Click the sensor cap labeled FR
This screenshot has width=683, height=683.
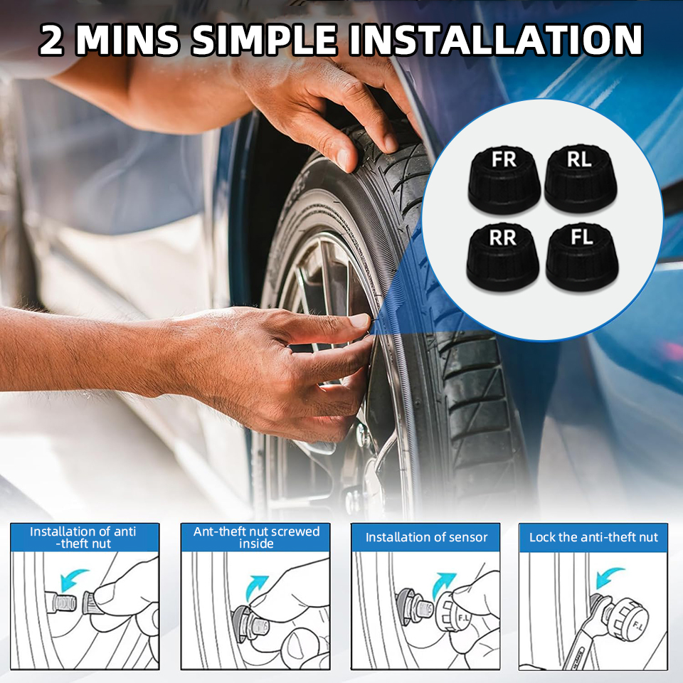coord(504,179)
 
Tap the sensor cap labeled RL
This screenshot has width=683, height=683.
coord(581,179)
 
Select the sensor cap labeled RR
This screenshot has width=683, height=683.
coord(503,258)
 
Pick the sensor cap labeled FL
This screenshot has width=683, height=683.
coord(582,258)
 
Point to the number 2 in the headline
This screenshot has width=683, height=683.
coord(51,40)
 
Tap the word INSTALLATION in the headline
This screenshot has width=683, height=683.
coord(496,40)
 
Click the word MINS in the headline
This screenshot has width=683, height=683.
coord(127,40)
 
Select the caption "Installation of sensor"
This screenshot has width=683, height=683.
coord(426,537)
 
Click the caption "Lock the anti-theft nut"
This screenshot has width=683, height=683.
coord(593,537)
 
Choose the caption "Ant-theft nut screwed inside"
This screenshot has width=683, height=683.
coord(256,538)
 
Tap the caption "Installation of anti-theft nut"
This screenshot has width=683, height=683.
coord(83,538)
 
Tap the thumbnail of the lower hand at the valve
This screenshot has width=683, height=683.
coord(360,321)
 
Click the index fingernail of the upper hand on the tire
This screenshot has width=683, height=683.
coord(391,144)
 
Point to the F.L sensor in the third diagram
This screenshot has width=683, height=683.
coord(453,610)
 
